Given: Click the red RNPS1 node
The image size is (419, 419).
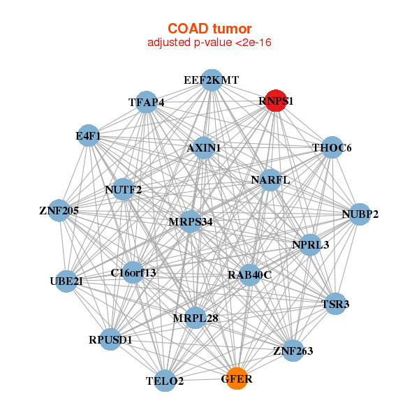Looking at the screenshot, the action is [276, 101].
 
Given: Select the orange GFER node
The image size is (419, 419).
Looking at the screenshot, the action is [237, 378].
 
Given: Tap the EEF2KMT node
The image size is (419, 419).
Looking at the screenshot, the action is [212, 80].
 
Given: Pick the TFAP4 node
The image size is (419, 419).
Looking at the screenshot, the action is [146, 102].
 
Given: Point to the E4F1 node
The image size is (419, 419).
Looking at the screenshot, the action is [88, 135].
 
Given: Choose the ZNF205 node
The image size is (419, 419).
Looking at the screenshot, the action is [59, 210].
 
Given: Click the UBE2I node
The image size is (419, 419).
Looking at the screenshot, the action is [66, 281].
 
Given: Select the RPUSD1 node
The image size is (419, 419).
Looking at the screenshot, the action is [110, 339].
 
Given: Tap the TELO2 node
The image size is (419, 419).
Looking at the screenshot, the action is [165, 381].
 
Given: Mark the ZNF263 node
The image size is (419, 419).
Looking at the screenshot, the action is [293, 351].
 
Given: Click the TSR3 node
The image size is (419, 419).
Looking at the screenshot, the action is [335, 304].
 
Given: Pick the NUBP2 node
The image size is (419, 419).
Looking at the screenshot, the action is [360, 214].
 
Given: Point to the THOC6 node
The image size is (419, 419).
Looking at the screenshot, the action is [332, 147].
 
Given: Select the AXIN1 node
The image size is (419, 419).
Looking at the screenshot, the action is [204, 148].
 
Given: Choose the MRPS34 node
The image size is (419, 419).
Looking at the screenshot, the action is [191, 221].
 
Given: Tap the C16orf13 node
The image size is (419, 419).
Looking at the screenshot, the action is [133, 272].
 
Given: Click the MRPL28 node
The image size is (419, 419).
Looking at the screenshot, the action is [196, 318].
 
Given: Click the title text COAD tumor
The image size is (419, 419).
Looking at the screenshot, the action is [209, 29].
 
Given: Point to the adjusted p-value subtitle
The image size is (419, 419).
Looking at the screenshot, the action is [209, 43].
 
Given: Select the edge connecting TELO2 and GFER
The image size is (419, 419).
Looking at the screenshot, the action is [201, 379].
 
